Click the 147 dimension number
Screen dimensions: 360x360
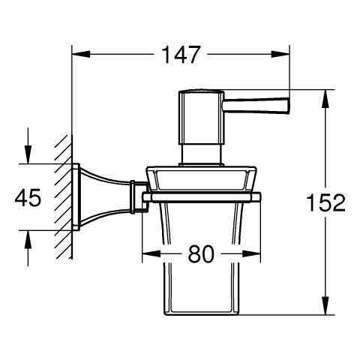181,55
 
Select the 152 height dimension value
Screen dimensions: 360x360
325,202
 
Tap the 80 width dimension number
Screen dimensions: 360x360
201,253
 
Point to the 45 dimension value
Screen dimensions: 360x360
28,197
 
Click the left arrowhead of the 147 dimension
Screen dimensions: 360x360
81,54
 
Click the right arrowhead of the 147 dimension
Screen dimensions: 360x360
280,54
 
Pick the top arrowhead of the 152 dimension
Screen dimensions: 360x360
325,98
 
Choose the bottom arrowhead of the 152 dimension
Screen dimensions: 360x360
325,305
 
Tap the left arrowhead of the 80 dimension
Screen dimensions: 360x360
151,254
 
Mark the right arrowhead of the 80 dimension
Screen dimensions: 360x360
251,254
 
